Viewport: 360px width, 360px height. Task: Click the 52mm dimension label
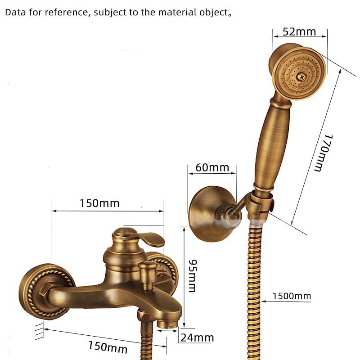point(299,32)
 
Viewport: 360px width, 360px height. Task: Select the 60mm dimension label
point(212,168)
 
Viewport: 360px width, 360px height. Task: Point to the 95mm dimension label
point(192,275)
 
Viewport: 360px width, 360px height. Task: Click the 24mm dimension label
point(197,337)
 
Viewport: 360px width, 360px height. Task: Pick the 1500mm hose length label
point(292,296)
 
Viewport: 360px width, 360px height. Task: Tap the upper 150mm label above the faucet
point(99,203)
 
